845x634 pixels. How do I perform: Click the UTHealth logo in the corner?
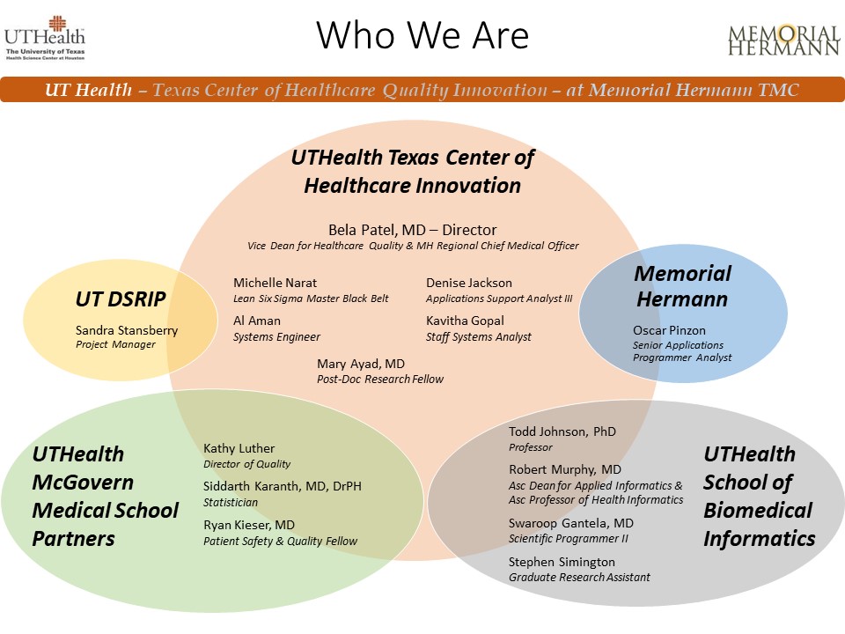45,38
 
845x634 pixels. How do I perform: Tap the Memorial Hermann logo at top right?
784,40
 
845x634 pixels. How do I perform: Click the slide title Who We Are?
422,35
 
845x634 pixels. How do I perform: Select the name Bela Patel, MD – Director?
412,230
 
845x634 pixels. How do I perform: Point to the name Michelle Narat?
275,283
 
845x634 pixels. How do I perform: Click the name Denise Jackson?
469,283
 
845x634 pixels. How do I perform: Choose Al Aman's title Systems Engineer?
276,337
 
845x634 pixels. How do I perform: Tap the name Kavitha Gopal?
465,321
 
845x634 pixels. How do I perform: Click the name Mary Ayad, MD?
361,364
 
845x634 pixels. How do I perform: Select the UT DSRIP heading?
121,299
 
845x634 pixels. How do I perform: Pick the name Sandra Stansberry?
127,330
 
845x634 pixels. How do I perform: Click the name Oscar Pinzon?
669,330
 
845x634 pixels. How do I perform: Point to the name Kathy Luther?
239,448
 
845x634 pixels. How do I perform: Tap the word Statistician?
230,503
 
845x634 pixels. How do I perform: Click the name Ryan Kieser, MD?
249,525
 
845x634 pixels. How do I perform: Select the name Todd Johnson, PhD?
562,431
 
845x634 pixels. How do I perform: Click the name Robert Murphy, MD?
565,469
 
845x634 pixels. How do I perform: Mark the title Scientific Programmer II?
569,539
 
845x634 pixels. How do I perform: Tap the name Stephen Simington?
562,562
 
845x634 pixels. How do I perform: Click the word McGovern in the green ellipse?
83,482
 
